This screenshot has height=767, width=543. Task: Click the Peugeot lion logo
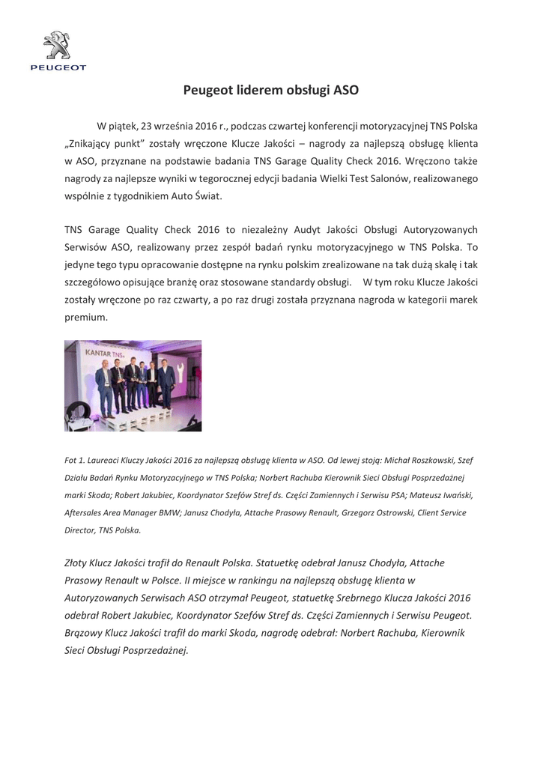click(x=58, y=46)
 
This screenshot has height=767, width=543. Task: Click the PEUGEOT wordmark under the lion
click(x=58, y=67)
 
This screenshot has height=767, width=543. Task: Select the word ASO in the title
click(x=347, y=91)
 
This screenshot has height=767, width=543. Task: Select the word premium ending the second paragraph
click(x=85, y=317)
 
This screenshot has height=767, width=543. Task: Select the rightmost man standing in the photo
click(x=167, y=383)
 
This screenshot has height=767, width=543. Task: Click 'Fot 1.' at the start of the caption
click(x=76, y=459)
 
